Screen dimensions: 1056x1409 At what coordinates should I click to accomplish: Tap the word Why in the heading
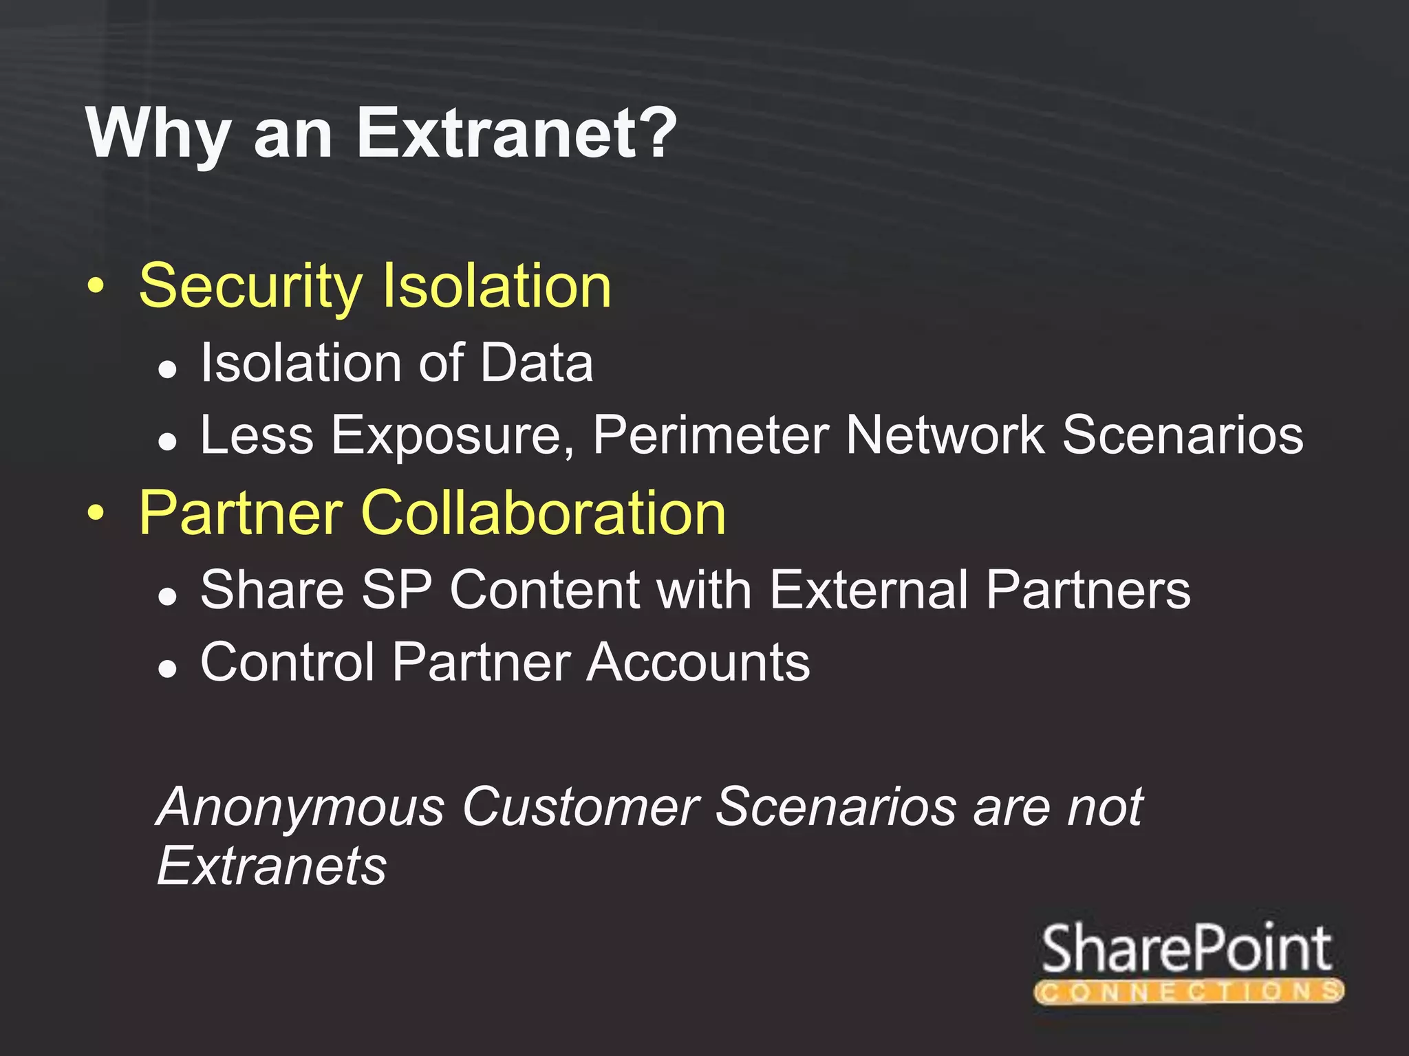pyautogui.click(x=158, y=135)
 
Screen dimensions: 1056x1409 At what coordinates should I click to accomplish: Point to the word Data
pyautogui.click(x=537, y=362)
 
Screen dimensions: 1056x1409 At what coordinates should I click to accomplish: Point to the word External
pyautogui.click(x=869, y=589)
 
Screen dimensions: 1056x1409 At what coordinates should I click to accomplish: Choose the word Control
pyautogui.click(x=288, y=662)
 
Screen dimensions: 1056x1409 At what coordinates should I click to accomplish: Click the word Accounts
pyautogui.click(x=698, y=662)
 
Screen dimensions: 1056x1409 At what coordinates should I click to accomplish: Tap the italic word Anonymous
pyautogui.click(x=301, y=806)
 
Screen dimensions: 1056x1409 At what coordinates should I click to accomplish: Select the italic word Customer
pyautogui.click(x=581, y=806)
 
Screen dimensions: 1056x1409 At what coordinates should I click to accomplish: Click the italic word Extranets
pyautogui.click(x=272, y=866)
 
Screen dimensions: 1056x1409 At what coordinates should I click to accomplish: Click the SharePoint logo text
pyautogui.click(x=1187, y=949)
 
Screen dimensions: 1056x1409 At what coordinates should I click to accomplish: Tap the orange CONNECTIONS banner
pyautogui.click(x=1188, y=991)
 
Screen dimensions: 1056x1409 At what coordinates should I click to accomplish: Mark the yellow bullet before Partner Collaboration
pyautogui.click(x=97, y=513)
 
